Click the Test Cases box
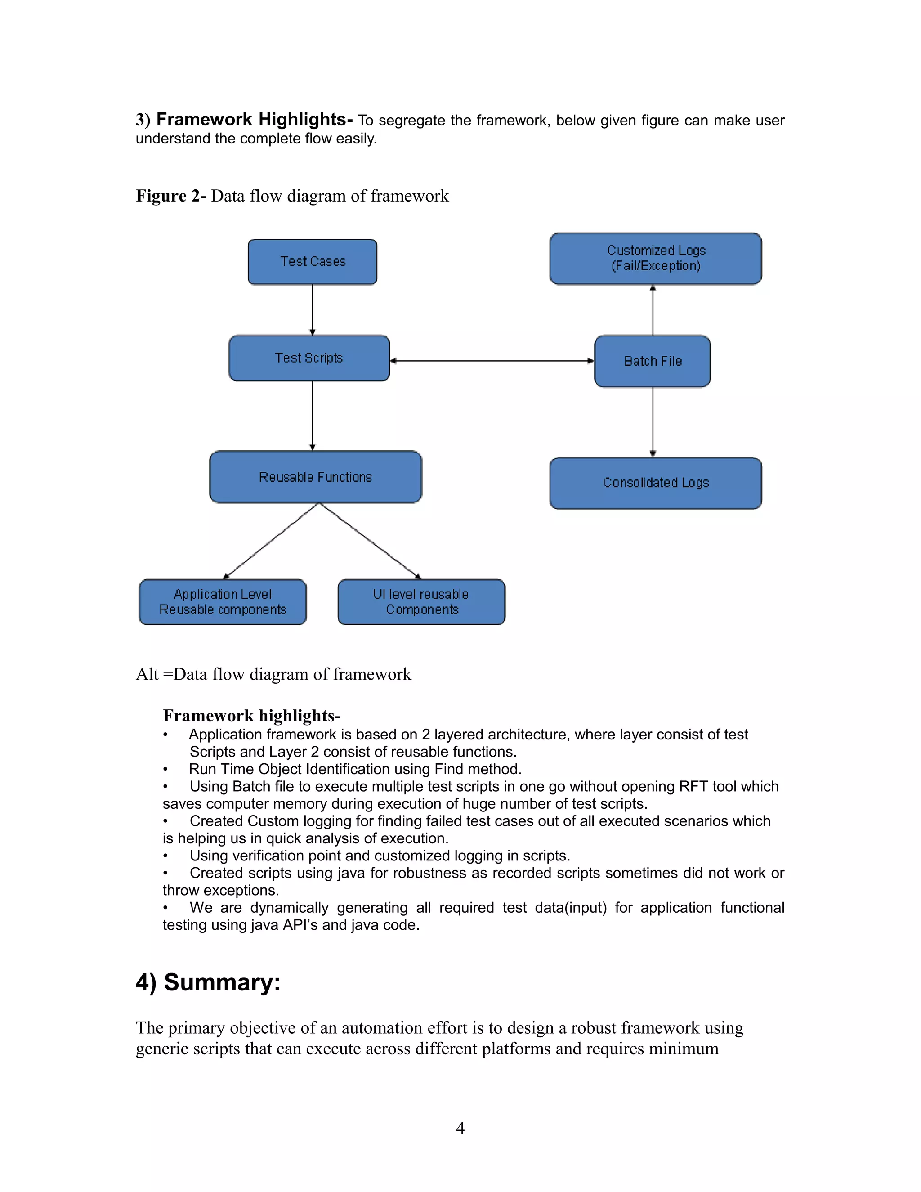tap(312, 261)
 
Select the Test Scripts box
tap(309, 358)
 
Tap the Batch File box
tap(652, 361)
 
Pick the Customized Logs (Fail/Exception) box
tap(655, 258)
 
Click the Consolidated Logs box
tap(655, 483)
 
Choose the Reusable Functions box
tap(315, 477)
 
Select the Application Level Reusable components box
tap(222, 602)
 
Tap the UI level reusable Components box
tap(421, 602)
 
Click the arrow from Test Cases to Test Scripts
tap(313, 309)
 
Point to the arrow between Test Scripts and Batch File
tap(491, 361)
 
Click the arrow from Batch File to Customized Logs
tap(653, 310)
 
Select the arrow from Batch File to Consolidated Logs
tap(653, 421)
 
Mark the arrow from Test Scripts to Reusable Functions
tap(313, 415)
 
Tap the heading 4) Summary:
tap(208, 982)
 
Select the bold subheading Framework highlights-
tap(251, 716)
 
